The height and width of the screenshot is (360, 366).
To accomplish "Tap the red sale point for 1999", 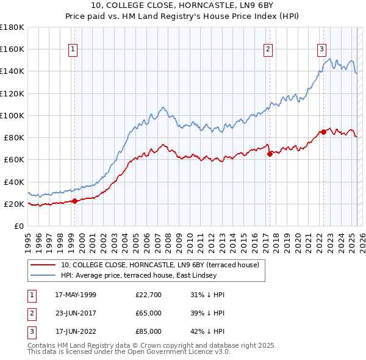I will pyautogui.click(x=74, y=200).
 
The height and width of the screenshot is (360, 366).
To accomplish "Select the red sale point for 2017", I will pyautogui.click(x=270, y=154).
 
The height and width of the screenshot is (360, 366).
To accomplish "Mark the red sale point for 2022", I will pyautogui.click(x=323, y=132).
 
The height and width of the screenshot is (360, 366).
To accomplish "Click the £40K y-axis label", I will pyautogui.click(x=13, y=181).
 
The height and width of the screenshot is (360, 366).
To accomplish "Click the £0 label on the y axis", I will pyautogui.click(x=19, y=226).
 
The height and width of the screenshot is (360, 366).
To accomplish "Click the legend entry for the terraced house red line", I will pyautogui.click(x=160, y=265).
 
